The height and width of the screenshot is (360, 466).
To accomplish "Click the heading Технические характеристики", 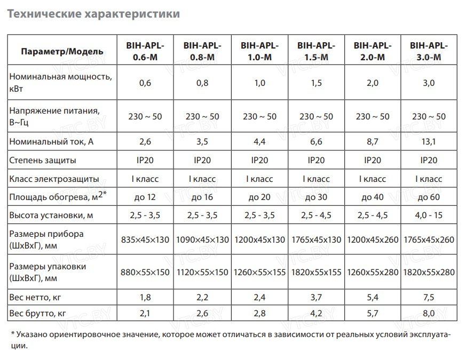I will pos(93,14).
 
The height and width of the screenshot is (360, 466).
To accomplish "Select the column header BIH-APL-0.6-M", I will pos(145,51).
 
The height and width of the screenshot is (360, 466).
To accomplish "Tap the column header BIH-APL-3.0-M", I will pos(428,51).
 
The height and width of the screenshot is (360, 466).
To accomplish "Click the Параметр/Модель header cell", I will pos(62,52).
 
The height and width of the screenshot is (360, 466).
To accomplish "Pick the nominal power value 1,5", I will pos(315,83).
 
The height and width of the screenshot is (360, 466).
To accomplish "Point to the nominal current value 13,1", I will pos(428,141).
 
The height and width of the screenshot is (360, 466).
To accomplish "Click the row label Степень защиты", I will pos(43,160).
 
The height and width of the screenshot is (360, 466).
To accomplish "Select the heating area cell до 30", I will pos(315,197).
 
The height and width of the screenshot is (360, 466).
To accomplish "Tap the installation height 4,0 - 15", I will pos(428,216).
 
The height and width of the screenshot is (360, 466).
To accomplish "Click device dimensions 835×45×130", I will pos(145,239).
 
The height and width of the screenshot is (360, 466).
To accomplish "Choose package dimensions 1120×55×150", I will pos(202,272).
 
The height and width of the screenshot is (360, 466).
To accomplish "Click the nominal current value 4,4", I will pos(259,141).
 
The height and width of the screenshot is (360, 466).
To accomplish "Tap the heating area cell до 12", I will pos(145,197).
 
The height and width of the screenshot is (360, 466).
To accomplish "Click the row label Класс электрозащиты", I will pos(55,179).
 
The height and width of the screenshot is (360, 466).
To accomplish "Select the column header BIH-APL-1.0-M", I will pos(259,51).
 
